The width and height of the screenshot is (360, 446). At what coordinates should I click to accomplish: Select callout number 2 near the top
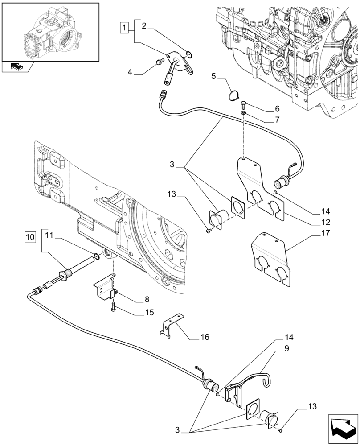[144, 26]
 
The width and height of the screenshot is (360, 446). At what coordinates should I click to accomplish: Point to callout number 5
[213, 77]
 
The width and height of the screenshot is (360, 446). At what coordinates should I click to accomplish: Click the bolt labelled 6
[244, 105]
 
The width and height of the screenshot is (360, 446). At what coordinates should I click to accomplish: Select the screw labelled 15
[115, 307]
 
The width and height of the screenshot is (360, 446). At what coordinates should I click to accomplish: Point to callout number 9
[286, 350]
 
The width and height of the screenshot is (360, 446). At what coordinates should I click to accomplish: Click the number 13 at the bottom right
[312, 407]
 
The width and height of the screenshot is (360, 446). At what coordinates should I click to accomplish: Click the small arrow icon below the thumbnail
[17, 67]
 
